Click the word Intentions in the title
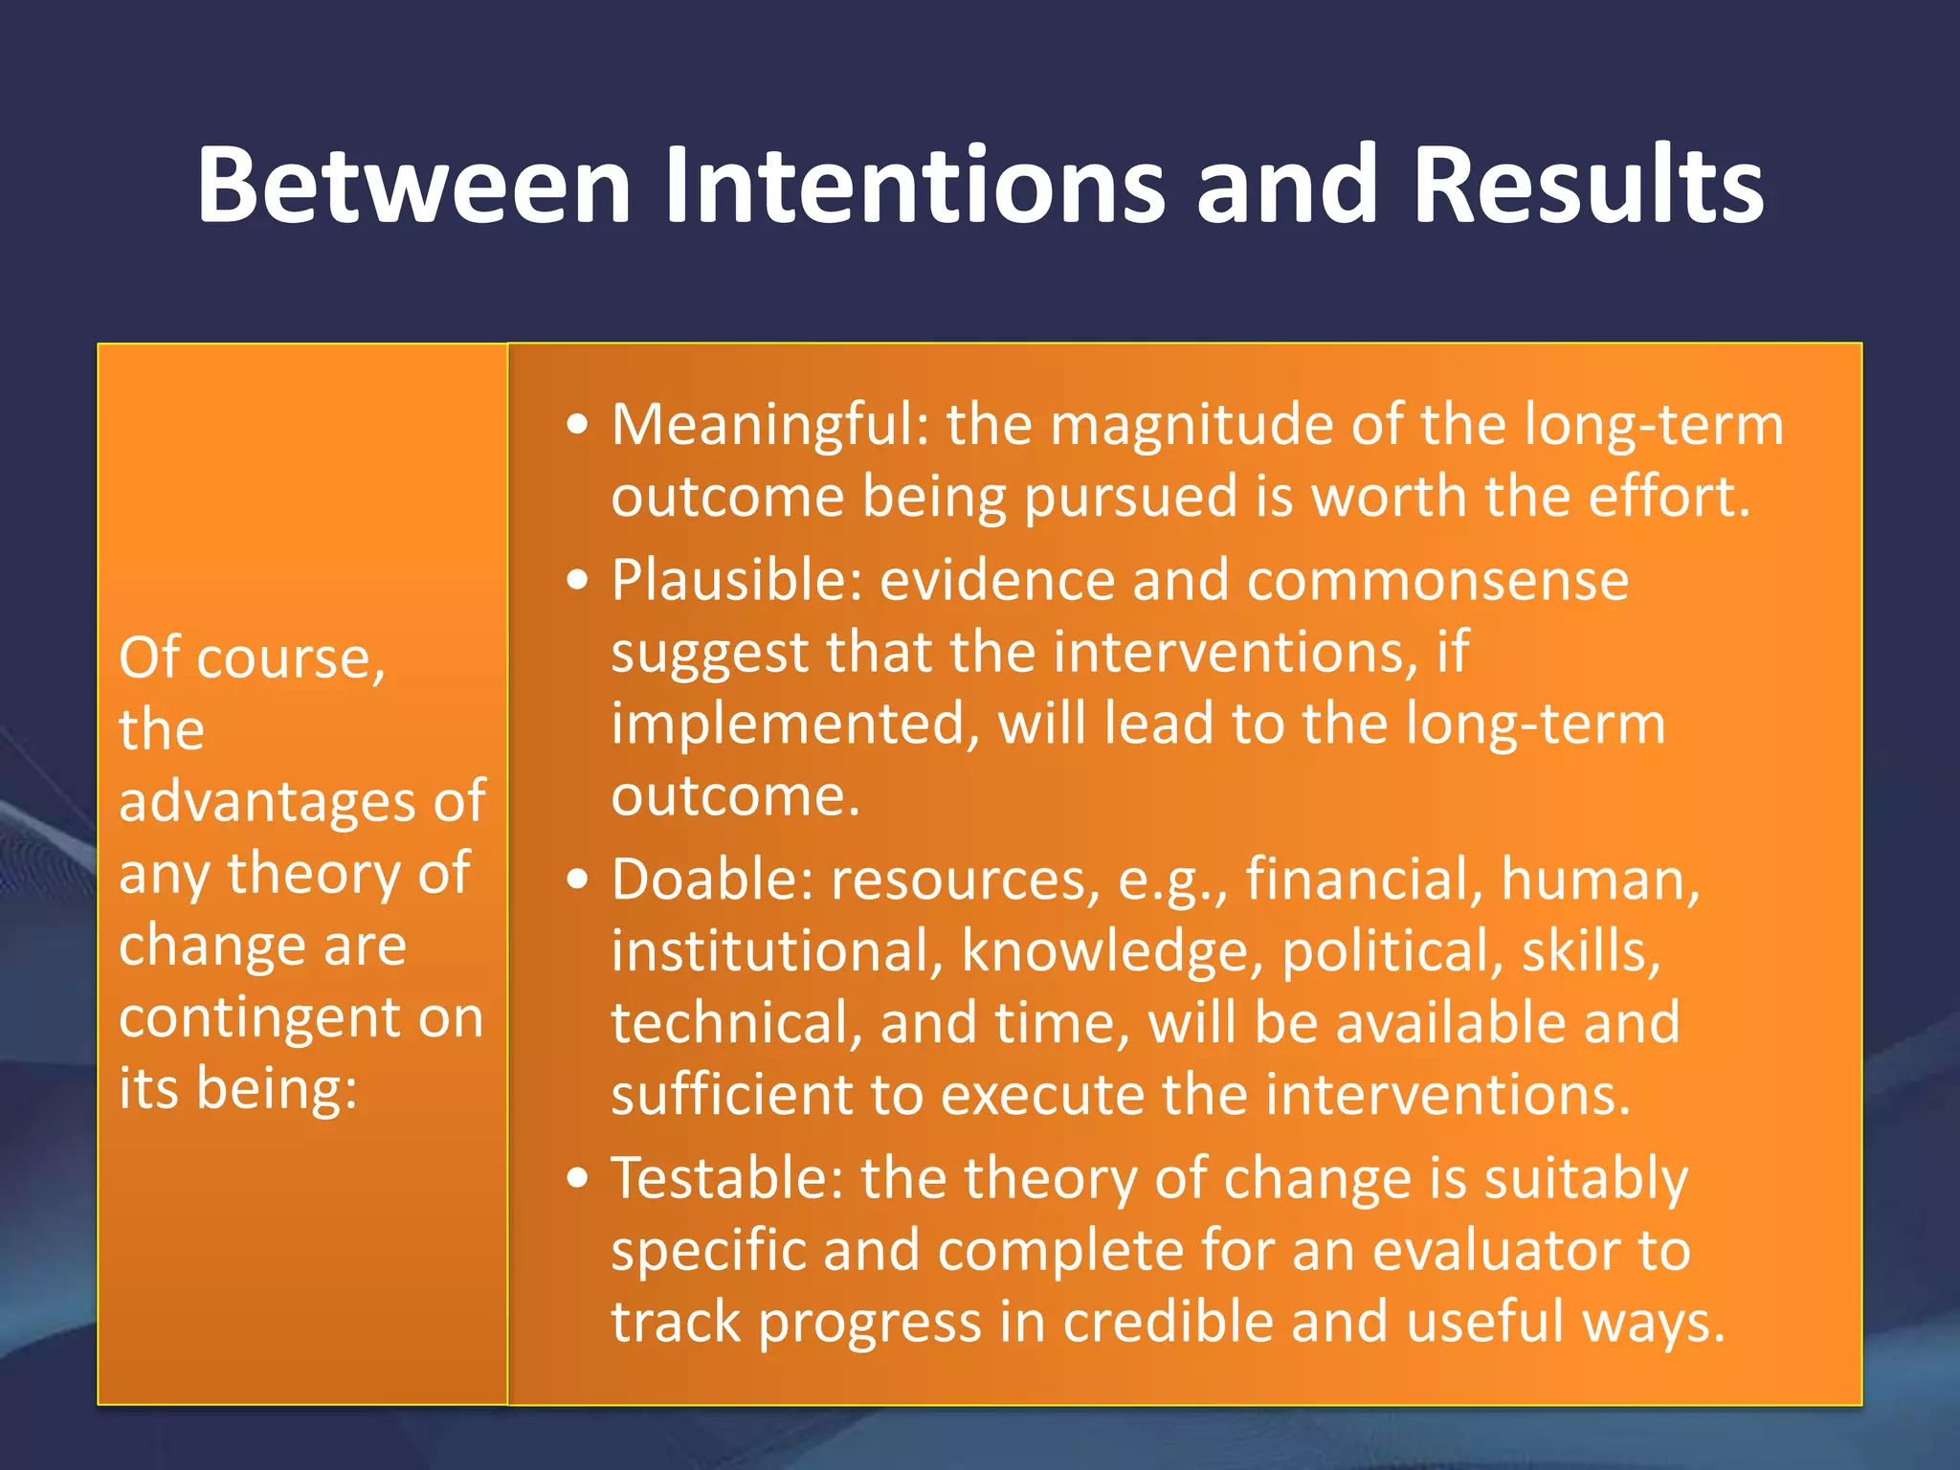click(x=914, y=185)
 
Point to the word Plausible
click(x=737, y=581)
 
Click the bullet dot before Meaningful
click(x=577, y=425)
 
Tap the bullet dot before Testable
click(x=577, y=1178)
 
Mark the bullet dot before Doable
click(x=577, y=880)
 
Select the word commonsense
click(x=1437, y=581)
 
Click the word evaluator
click(x=1495, y=1251)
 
